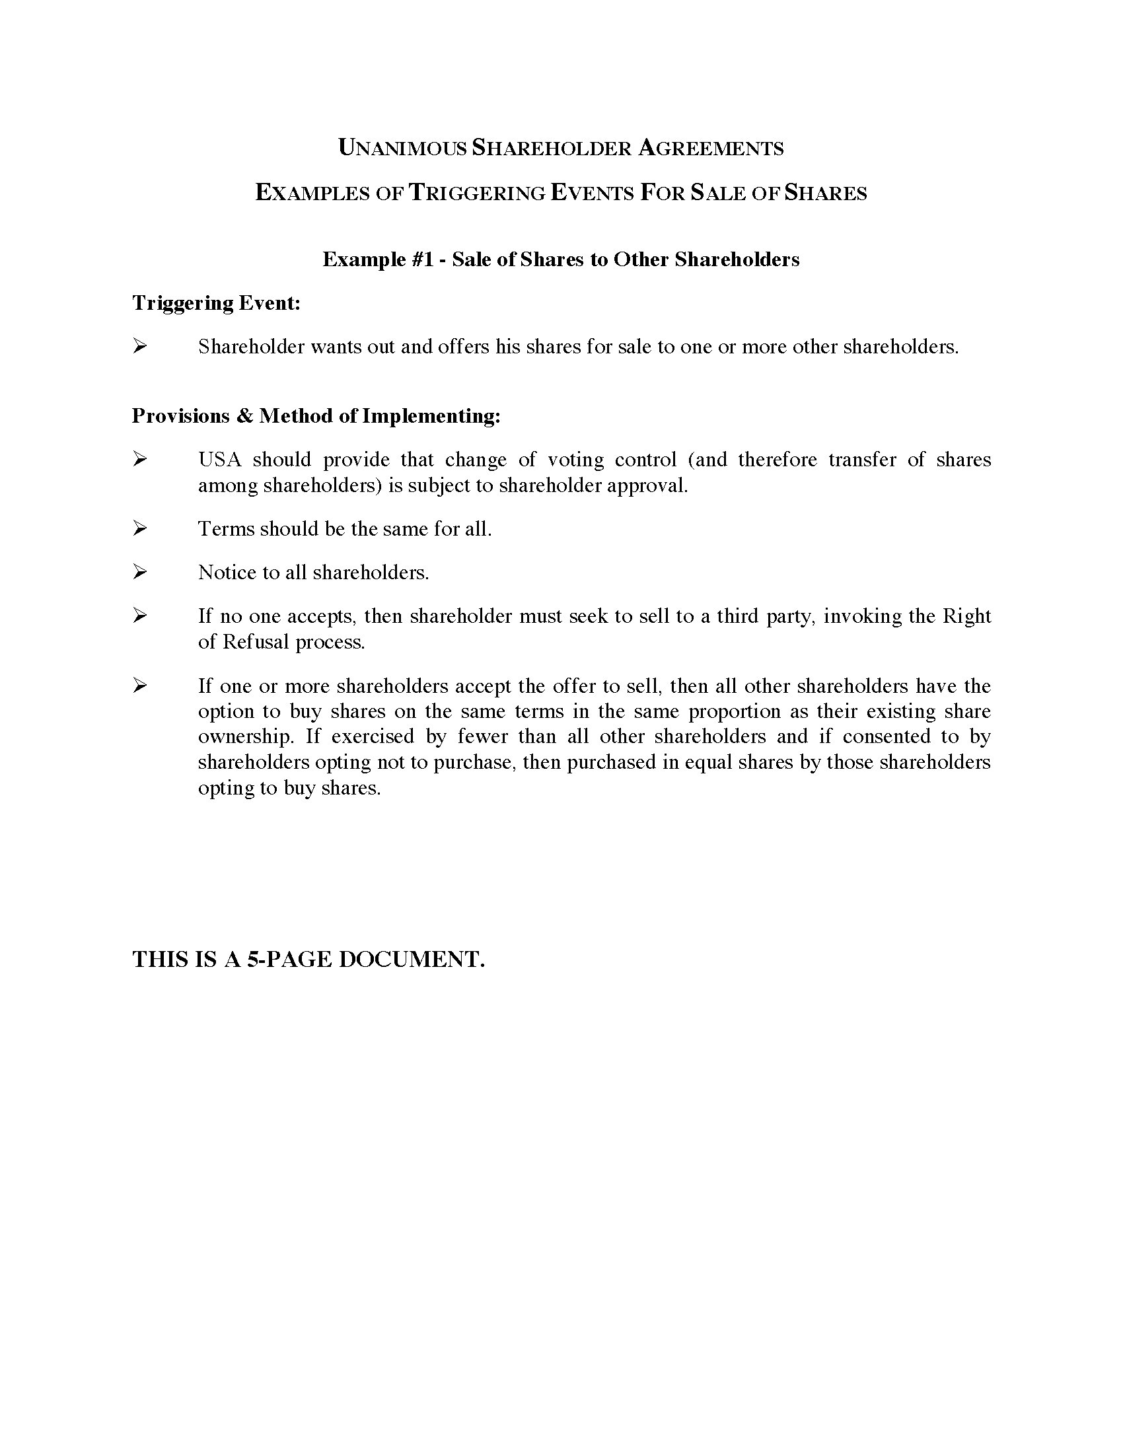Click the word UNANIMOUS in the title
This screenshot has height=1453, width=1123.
click(402, 148)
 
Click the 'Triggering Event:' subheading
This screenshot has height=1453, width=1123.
click(216, 303)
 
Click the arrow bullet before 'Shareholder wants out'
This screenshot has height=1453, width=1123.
click(139, 346)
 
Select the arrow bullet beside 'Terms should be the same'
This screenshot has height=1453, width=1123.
click(139, 528)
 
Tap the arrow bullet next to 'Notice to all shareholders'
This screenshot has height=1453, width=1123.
click(139, 571)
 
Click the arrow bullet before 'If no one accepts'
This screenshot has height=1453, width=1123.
click(139, 616)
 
